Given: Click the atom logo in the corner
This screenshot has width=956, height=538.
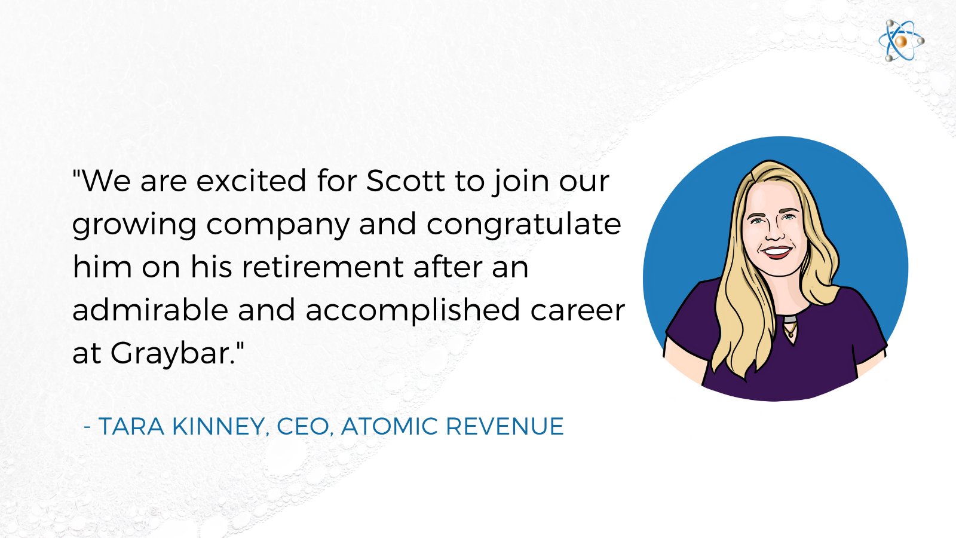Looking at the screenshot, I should click(901, 41).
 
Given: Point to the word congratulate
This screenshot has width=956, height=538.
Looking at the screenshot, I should click(523, 225).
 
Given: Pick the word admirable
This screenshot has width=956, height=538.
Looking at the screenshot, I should click(150, 310).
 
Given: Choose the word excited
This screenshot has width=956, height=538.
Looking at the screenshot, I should click(252, 181).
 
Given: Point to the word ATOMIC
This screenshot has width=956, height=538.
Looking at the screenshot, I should click(390, 426).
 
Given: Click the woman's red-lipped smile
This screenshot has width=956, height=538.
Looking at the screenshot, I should click(777, 252).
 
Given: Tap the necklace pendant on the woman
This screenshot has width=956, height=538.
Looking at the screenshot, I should click(790, 330).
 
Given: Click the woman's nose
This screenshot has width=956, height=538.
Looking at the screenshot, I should click(774, 230).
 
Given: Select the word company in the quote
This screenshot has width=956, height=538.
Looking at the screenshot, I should click(278, 225).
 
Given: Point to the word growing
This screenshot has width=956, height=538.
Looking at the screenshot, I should click(134, 225).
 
